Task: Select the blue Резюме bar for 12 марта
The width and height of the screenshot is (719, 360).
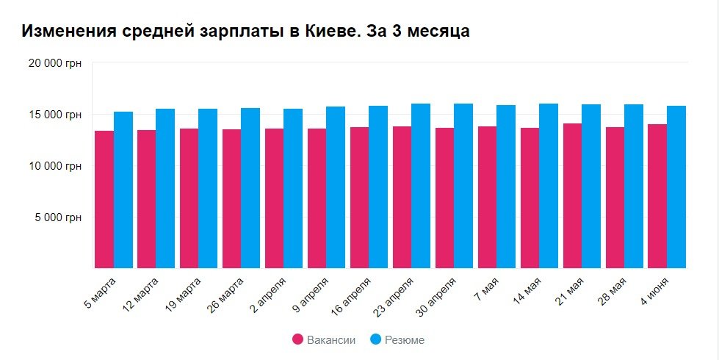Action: [x=165, y=189]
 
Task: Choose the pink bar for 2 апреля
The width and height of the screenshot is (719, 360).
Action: [x=275, y=198]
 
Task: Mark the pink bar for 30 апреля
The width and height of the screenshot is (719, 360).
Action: [x=445, y=198]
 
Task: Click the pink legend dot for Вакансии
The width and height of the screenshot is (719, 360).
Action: [x=298, y=339]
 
